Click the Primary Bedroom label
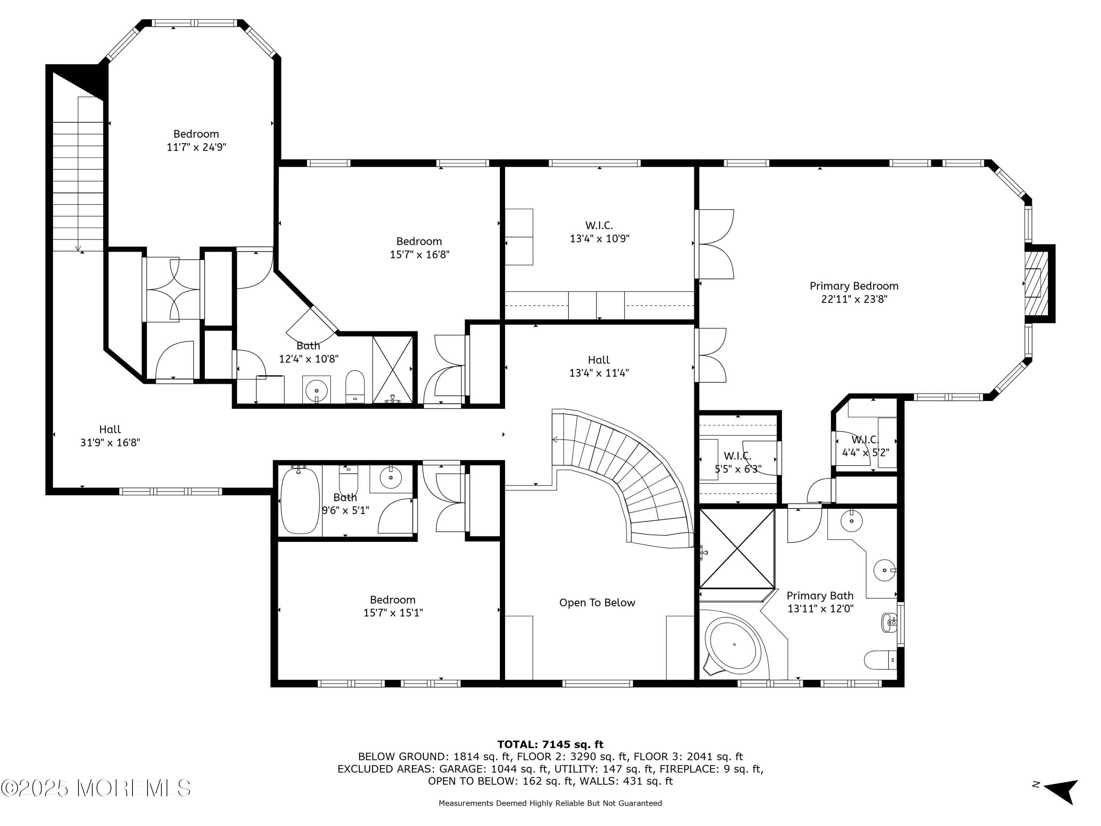854,286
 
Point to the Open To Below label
597,602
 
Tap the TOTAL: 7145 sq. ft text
550,745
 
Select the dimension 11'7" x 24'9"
196,147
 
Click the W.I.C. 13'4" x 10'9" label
599,232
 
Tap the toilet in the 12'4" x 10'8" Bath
355,385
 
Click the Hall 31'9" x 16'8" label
110,436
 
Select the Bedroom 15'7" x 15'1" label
393,606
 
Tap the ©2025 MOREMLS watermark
95,788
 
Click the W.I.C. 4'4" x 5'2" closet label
865,446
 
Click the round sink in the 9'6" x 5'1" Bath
391,478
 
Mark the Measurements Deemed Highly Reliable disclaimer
550,803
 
